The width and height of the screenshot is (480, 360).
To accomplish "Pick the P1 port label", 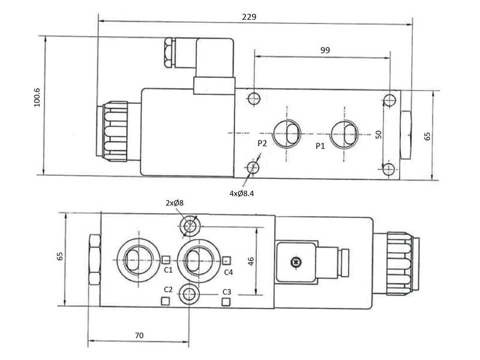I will coord(320,145).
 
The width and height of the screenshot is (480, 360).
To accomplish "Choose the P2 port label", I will coord(262,143).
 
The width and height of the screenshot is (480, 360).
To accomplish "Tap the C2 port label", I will coord(168,290).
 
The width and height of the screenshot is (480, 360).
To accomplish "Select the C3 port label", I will coord(226,292).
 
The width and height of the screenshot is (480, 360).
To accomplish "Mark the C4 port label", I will coord(228,272).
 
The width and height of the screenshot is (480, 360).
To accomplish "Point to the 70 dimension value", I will coord(139,335).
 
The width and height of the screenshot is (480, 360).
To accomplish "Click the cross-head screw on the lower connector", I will coord(295,262).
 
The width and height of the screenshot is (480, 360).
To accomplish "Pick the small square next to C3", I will coord(226,301).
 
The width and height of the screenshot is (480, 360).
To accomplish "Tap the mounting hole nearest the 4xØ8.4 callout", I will coord(254,167).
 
